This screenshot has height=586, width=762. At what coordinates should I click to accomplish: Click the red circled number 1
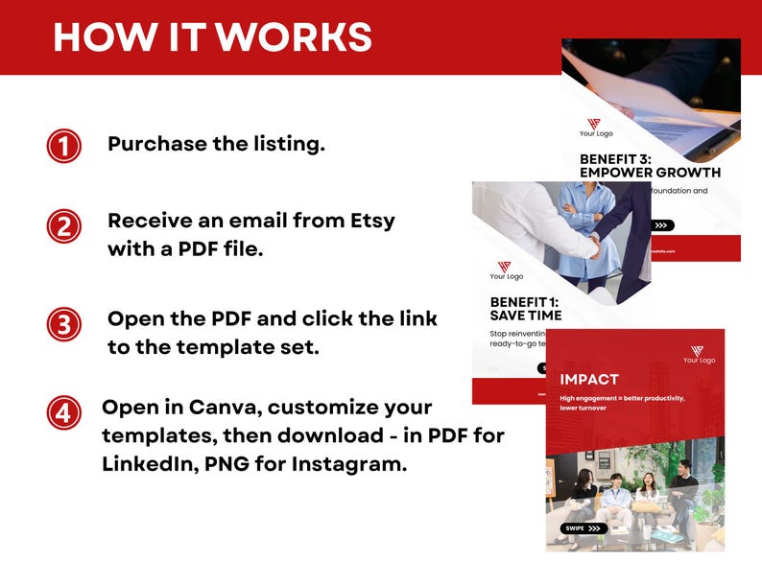[63, 147]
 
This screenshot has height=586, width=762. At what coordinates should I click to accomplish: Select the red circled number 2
[63, 226]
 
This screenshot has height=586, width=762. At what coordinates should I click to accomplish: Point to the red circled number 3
[63, 324]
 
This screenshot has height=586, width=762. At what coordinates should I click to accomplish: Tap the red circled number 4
[63, 413]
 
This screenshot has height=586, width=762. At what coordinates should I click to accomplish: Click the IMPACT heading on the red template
[589, 379]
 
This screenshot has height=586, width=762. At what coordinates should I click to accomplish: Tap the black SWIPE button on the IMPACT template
[583, 527]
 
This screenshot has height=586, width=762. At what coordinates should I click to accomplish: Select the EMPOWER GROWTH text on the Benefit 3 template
[650, 173]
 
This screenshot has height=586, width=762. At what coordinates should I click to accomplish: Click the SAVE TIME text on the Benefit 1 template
[525, 315]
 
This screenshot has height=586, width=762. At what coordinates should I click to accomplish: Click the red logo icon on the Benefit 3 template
[594, 124]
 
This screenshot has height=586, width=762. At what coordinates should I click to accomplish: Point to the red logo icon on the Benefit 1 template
[505, 267]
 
